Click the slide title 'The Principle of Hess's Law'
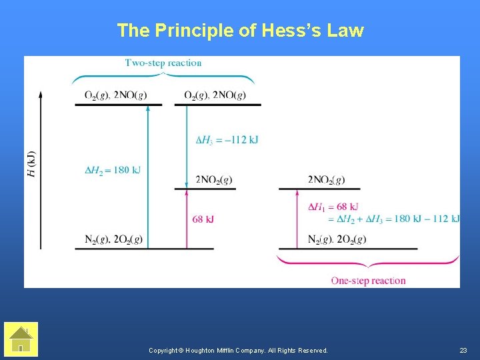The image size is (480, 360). pos(240,31)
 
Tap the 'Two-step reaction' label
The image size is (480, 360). pos(163,63)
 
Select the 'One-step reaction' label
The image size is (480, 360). pos(368,281)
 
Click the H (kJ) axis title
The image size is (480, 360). pos(32,164)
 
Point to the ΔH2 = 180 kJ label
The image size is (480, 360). pos(113,170)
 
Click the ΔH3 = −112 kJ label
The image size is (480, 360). pos(227,139)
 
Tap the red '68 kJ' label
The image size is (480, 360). pos(203,219)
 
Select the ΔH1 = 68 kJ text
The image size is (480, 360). pos(333,207)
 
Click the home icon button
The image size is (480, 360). pos(21,339)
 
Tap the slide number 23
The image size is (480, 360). pos(463,350)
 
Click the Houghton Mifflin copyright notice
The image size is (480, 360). pos(238,350)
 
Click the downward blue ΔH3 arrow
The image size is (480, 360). pos(187,147)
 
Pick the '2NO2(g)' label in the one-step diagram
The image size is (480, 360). pos(326,180)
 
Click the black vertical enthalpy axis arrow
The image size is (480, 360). pos(41,170)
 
